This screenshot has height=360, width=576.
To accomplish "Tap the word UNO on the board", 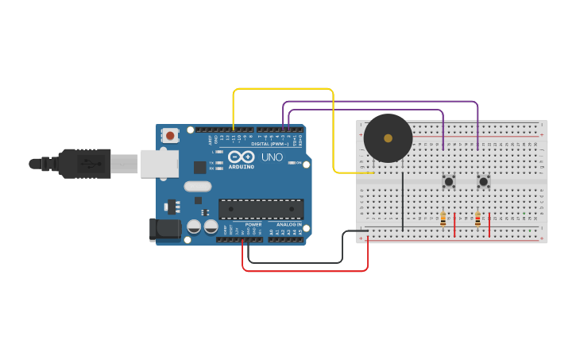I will [x=272, y=157].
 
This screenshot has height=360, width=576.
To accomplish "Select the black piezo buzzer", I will [x=388, y=138].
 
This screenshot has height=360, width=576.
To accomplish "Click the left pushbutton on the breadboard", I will [x=449, y=181].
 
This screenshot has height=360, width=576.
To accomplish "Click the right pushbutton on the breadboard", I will [x=483, y=181].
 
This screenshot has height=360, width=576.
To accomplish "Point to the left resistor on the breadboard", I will [x=443, y=219].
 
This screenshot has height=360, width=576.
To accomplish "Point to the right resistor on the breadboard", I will [x=477, y=219].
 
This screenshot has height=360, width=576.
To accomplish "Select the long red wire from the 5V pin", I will [x=306, y=271].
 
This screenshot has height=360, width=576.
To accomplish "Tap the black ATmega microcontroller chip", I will [x=261, y=209].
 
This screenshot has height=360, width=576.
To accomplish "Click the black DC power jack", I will [x=162, y=230].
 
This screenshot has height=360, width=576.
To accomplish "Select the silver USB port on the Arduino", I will [x=159, y=164].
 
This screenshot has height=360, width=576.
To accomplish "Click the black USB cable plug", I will [x=83, y=164].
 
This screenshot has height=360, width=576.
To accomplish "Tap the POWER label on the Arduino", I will [x=253, y=225].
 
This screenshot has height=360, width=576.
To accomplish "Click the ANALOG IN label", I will [x=288, y=225].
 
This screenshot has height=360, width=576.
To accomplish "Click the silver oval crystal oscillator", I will [x=198, y=187].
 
